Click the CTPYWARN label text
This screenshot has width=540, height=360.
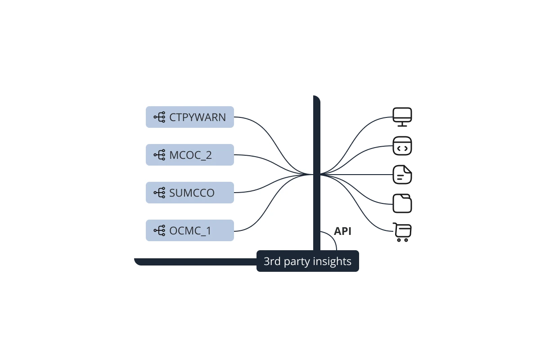pos(198,117)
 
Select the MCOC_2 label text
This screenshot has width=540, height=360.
pos(190,155)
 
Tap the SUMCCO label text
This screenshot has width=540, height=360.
pos(192,193)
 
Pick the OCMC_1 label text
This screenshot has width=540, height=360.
pos(190,231)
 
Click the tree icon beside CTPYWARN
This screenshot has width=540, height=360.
pos(160,117)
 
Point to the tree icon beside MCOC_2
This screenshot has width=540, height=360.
pos(160,155)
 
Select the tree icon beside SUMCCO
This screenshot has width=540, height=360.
pos(160,193)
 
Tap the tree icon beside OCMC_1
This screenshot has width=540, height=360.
pos(160,230)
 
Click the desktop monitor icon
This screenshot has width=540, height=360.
pos(402,117)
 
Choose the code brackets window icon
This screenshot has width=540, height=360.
pos(402,146)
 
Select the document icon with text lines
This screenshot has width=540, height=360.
pos(402,175)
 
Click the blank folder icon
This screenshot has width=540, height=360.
pos(402,203)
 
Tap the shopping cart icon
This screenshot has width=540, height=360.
pos(402,232)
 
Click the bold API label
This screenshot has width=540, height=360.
pos(342,231)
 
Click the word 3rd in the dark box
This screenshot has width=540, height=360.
pos(272,261)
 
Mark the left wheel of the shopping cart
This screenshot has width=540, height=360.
pos(399,240)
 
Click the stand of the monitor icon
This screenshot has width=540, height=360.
pos(402,124)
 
